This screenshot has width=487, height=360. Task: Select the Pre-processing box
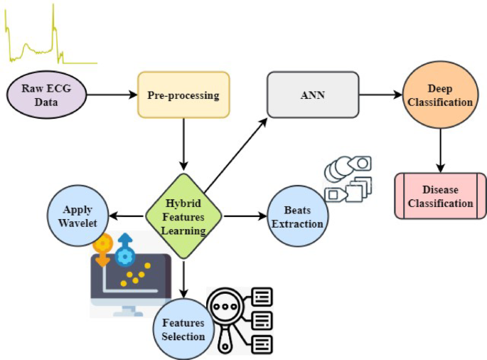[183, 95]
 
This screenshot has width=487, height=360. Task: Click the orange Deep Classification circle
[439, 95]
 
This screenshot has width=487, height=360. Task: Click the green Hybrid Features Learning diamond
[183, 216]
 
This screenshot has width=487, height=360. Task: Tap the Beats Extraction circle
[298, 216]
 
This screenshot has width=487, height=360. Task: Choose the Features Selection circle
[183, 329]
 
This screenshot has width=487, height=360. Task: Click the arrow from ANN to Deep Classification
[381, 95]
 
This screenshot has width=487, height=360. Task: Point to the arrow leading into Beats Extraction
[242, 216]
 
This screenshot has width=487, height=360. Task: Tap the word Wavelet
[78, 221]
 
